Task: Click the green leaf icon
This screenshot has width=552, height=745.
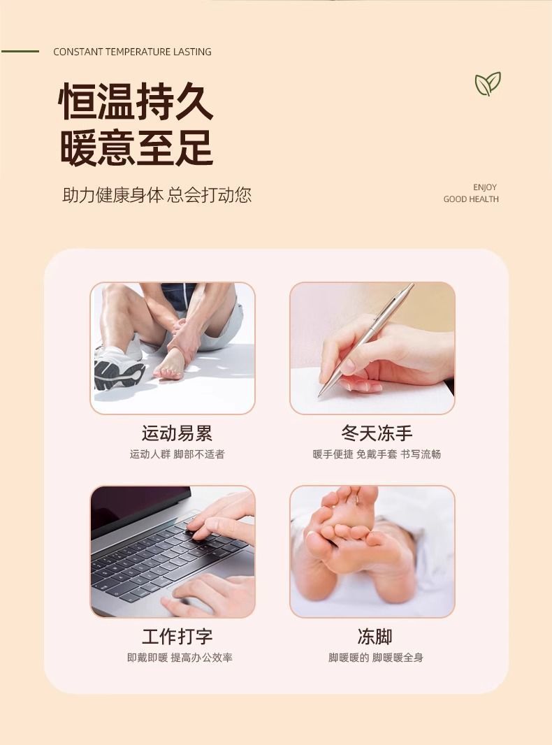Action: (488, 85)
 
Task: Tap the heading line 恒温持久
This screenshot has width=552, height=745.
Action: (136, 102)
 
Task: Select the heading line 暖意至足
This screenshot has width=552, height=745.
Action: (136, 147)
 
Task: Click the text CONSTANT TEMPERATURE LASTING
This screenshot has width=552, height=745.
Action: (132, 52)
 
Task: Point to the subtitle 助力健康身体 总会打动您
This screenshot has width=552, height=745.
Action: (157, 195)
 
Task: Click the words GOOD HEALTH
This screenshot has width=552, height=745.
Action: (471, 199)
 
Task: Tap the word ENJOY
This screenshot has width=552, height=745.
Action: (485, 187)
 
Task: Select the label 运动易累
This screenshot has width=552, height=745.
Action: (177, 434)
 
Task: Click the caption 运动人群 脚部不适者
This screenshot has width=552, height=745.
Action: (177, 454)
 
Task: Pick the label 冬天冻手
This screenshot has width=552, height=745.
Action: (377, 434)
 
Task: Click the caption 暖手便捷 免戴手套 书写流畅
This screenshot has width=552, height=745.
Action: (377, 454)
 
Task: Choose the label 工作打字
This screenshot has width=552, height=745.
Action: (177, 637)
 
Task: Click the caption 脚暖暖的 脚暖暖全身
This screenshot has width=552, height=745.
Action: (376, 658)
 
